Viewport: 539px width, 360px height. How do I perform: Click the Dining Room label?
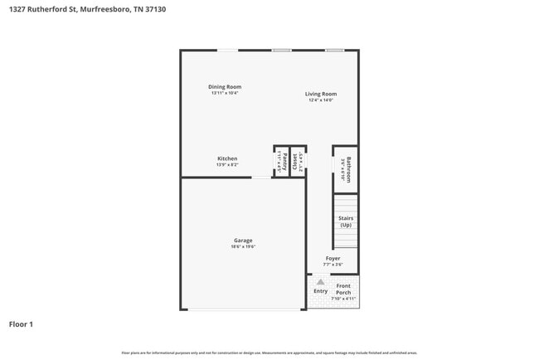225,86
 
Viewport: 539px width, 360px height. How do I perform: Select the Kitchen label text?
227,158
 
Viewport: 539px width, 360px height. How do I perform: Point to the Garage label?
243,241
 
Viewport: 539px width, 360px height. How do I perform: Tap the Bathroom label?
349,169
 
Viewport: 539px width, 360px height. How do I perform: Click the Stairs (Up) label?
346,221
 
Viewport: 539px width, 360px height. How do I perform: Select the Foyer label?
333,258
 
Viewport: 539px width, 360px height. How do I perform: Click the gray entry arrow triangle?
321,282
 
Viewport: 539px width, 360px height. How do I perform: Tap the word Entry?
320,291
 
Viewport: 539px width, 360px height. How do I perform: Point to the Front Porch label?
343,289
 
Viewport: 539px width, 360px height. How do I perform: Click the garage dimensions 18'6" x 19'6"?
243,247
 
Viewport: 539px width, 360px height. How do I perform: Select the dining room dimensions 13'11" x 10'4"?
225,93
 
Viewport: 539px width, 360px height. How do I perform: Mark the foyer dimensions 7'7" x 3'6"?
333,265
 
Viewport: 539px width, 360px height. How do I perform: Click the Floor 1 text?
21,324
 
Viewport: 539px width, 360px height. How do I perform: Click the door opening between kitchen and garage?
261,177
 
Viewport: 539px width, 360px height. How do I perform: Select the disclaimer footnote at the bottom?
269,353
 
